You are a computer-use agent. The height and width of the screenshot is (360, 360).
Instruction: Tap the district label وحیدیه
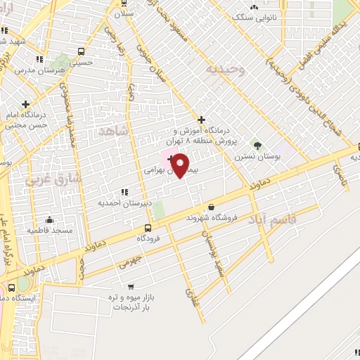[x=225, y=70]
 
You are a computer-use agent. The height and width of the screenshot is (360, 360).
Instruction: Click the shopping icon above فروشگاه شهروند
[x=212, y=207]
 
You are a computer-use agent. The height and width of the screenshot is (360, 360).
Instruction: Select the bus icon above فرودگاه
[x=148, y=228]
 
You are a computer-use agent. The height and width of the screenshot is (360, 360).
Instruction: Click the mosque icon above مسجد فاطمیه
[x=49, y=220]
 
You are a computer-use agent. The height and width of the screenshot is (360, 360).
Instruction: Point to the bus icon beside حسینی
[x=82, y=51]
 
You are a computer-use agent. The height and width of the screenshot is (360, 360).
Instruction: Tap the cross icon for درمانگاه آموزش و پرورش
[x=202, y=120]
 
